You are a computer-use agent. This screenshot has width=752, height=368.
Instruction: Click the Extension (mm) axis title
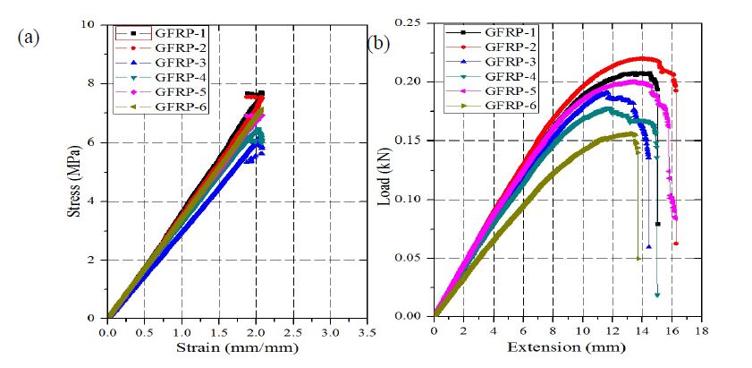[567, 347]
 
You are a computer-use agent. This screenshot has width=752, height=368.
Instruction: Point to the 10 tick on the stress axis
[91, 24]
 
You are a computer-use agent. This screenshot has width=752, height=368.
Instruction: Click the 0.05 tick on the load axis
[410, 258]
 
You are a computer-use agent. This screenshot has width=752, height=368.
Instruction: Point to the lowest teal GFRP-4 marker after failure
[657, 294]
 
